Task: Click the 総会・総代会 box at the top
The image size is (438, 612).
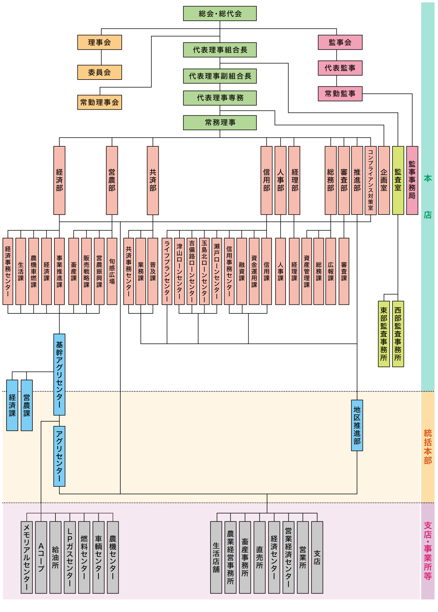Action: coord(220,14)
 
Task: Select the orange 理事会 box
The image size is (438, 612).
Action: coord(100,42)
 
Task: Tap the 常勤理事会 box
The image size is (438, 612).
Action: coord(100,102)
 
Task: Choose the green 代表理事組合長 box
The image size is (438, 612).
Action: coord(220,50)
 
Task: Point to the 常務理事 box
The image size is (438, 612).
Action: coord(220,122)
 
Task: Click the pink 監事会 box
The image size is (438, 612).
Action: coord(340,42)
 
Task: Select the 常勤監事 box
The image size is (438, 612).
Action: coord(340,94)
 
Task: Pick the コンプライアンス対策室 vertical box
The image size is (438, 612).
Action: coord(371,180)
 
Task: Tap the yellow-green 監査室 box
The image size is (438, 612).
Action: coord(398,180)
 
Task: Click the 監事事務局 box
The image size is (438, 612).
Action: coord(412,180)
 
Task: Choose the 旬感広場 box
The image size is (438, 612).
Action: coord(112,271)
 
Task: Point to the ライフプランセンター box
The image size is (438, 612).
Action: coord(167,271)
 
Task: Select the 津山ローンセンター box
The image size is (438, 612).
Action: coord(179,271)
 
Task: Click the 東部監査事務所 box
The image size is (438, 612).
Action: coord(384,334)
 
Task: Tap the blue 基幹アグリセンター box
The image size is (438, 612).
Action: coord(59,374)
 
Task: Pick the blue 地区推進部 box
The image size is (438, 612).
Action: coord(357,425)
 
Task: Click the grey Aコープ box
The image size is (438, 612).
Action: coord(41,557)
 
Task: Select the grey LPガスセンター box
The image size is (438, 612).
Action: coord(70,557)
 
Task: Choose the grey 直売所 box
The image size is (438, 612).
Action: coord(259,557)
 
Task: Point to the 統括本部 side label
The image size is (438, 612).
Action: coord(428,447)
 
